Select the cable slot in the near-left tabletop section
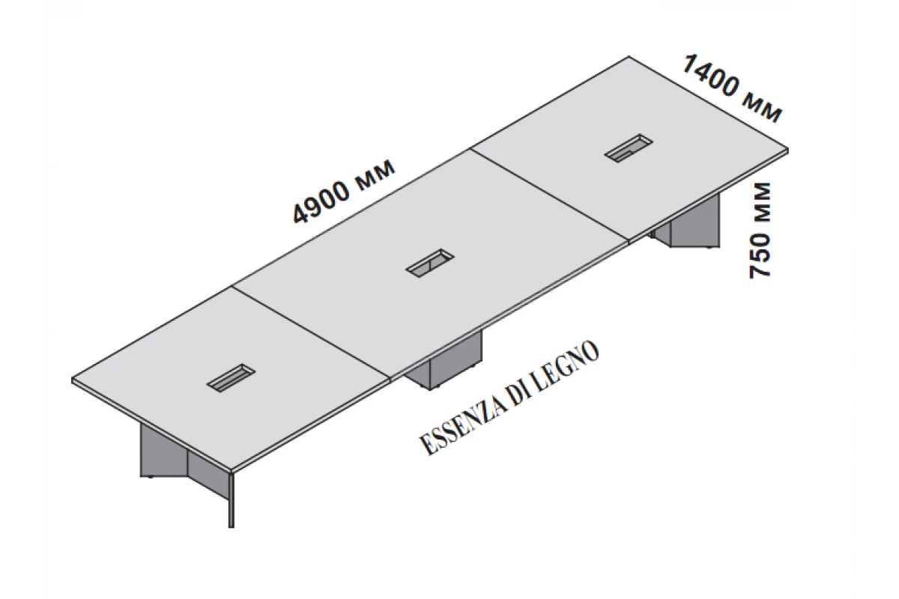tap(231, 379)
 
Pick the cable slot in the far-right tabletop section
tap(629, 149)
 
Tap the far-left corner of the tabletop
tap(73, 380)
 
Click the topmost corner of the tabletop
tap(628, 57)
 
